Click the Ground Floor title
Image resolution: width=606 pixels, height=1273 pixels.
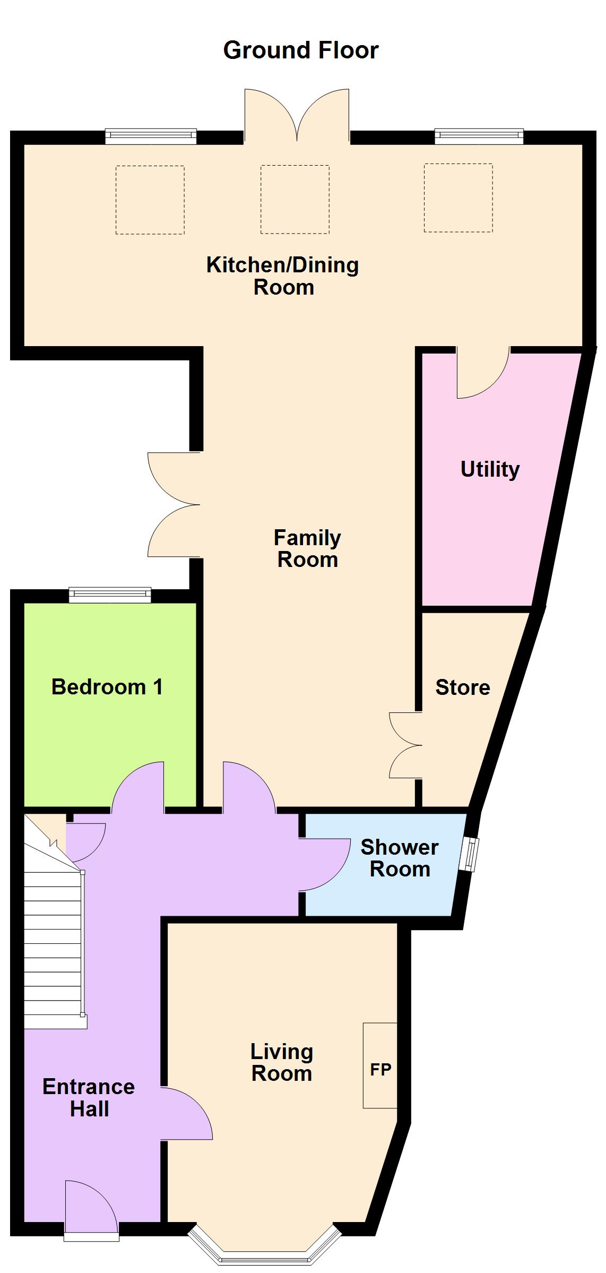(301, 50)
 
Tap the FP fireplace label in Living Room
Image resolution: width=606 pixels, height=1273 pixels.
(380, 1069)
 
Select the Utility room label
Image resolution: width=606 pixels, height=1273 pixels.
(490, 469)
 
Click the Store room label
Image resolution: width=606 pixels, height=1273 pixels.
(463, 687)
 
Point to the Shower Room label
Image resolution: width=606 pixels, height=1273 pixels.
(400, 858)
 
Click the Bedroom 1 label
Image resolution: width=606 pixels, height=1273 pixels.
(107, 686)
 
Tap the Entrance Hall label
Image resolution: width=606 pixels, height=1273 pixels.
(89, 1098)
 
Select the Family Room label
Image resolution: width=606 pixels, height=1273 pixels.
(307, 548)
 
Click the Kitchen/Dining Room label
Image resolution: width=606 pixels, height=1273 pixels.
(283, 276)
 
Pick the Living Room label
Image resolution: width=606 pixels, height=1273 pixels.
(282, 1062)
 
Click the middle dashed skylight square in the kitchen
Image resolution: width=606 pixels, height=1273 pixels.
(295, 200)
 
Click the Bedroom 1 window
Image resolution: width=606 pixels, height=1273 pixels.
(110, 595)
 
